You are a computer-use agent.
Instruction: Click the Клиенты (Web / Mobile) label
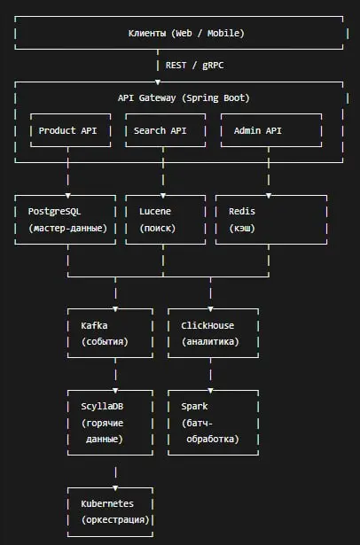pyautogui.click(x=186, y=34)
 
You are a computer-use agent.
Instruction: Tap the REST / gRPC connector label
pyautogui.click(x=194, y=66)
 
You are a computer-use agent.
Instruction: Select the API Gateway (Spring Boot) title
pyautogui.click(x=184, y=98)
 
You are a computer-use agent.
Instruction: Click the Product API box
pyautogui.click(x=71, y=130)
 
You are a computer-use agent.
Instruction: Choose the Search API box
pyautogui.click(x=166, y=130)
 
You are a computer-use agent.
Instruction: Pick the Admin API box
pyautogui.click(x=271, y=130)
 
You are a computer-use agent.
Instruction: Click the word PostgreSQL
pyautogui.click(x=54, y=211)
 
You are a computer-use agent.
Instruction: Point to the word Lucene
pyautogui.click(x=155, y=211)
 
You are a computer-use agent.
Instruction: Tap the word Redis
pyautogui.click(x=242, y=211)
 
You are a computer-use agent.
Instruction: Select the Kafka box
pyautogui.click(x=110, y=333)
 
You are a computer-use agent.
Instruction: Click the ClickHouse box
pyautogui.click(x=213, y=333)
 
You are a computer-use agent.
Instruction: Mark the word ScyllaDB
pyautogui.click(x=102, y=407)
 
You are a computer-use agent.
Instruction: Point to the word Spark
pyautogui.click(x=194, y=407)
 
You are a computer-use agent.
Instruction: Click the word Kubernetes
pyautogui.click(x=107, y=503)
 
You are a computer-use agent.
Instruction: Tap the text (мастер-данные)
pyautogui.click(x=67, y=229)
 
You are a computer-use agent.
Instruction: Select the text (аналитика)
pyautogui.click(x=210, y=342)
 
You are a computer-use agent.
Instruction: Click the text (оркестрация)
pyautogui.click(x=115, y=520)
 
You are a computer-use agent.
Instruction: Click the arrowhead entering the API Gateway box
pyautogui.click(x=158, y=82)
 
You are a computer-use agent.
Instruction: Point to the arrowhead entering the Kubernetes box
pyautogui.click(x=115, y=488)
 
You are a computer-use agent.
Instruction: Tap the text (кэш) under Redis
pyautogui.click(x=242, y=229)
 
